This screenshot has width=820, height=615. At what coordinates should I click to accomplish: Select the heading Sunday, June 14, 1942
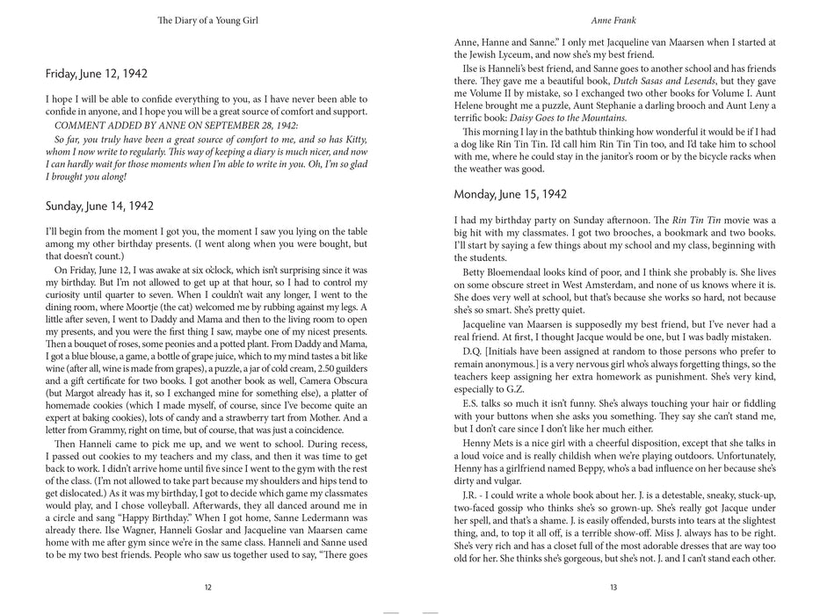tap(99, 206)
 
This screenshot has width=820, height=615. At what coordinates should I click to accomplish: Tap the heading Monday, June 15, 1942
tap(510, 193)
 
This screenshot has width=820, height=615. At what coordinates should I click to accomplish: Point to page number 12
tap(207, 588)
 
